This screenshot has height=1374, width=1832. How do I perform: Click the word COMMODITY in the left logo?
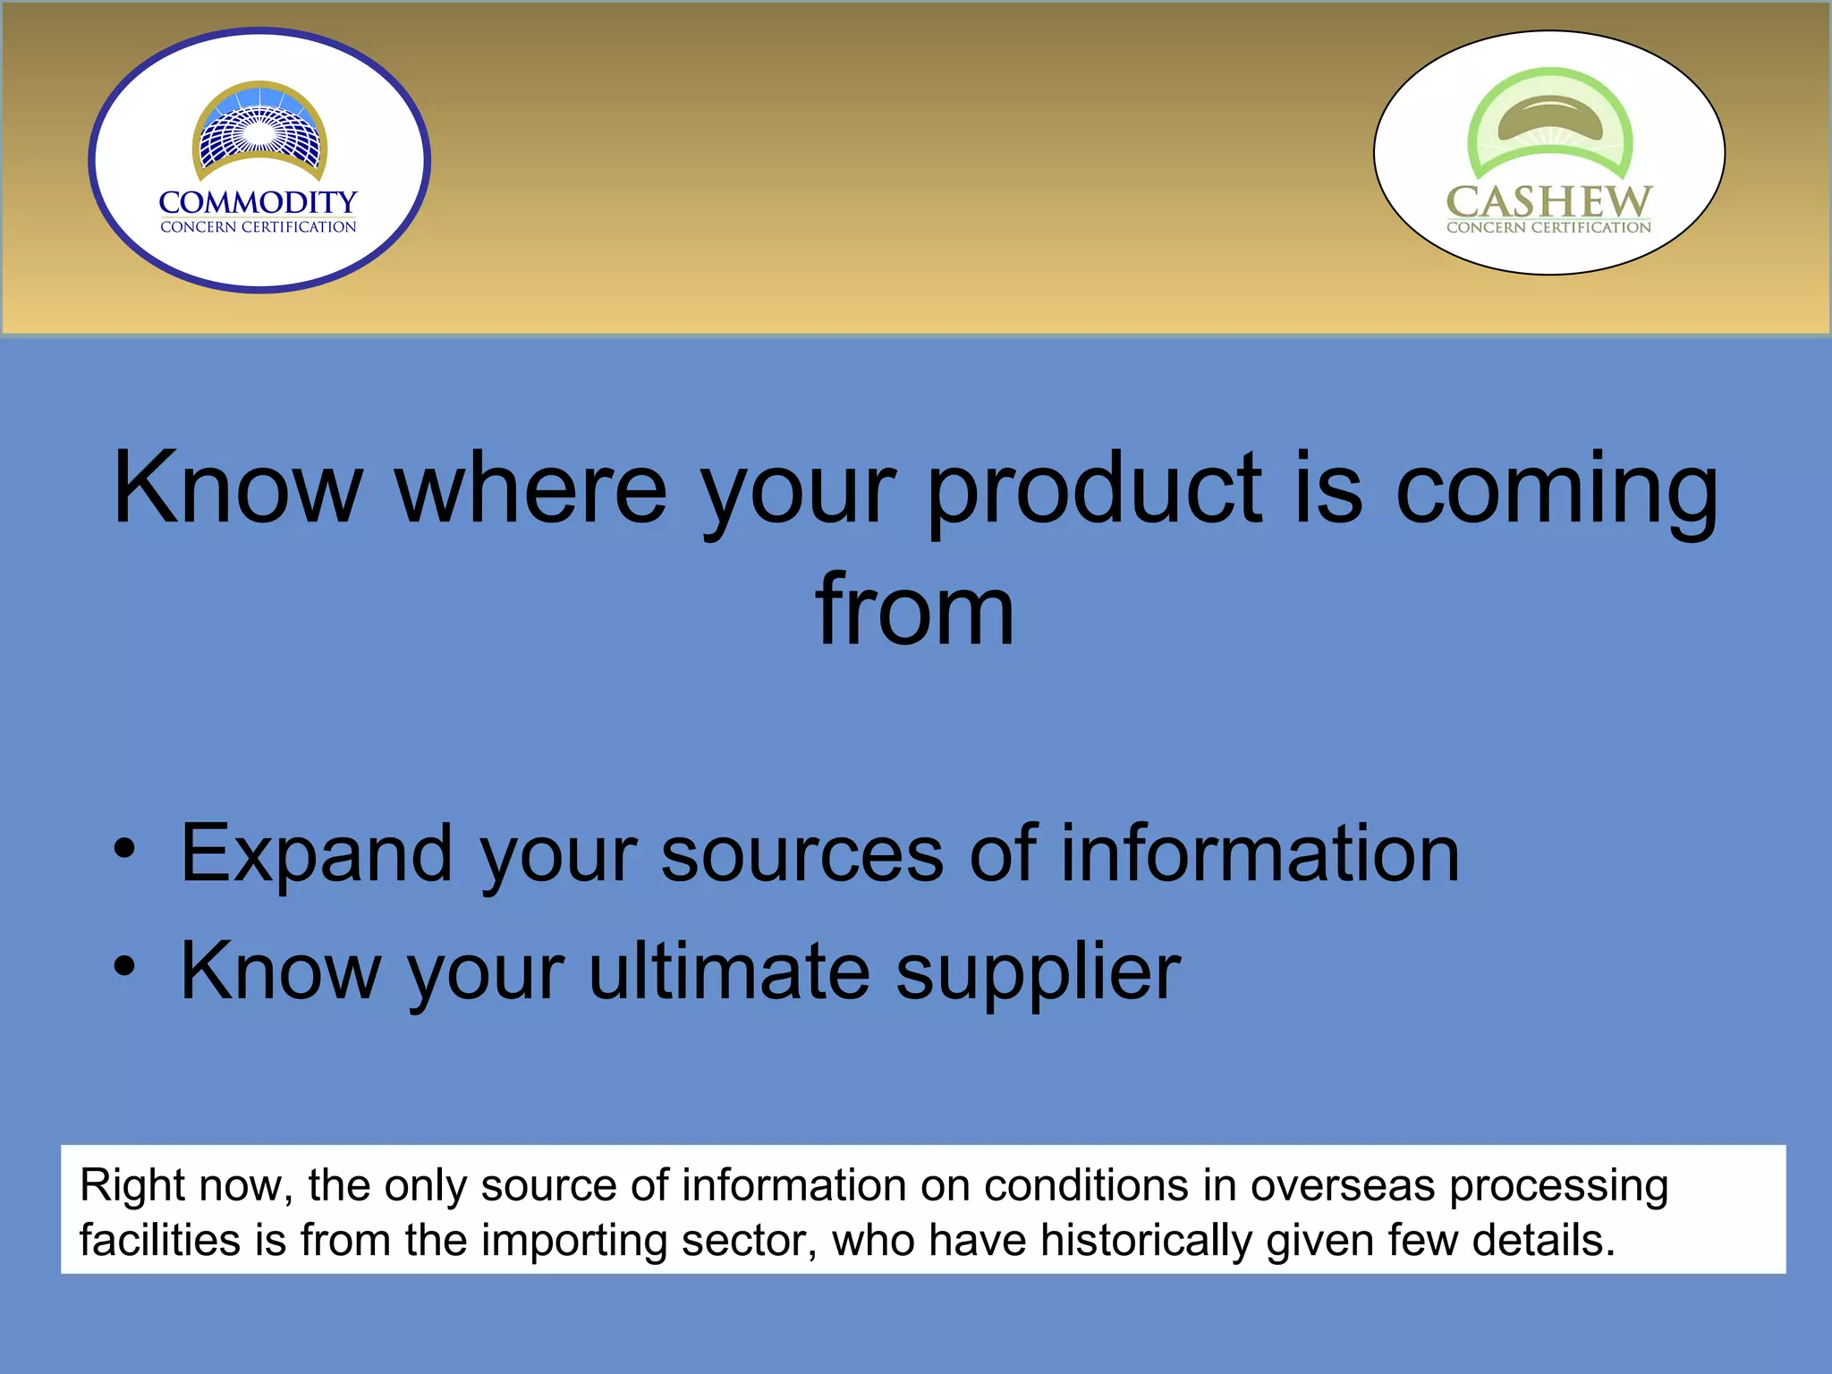(258, 202)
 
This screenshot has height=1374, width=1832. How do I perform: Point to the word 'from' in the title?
(915, 610)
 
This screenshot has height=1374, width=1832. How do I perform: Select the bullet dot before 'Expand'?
(125, 849)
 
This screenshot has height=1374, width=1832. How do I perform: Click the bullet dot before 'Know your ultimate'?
(125, 966)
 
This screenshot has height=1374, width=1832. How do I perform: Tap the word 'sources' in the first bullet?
(801, 854)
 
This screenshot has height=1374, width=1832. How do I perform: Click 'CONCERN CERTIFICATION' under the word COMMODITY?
(258, 227)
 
